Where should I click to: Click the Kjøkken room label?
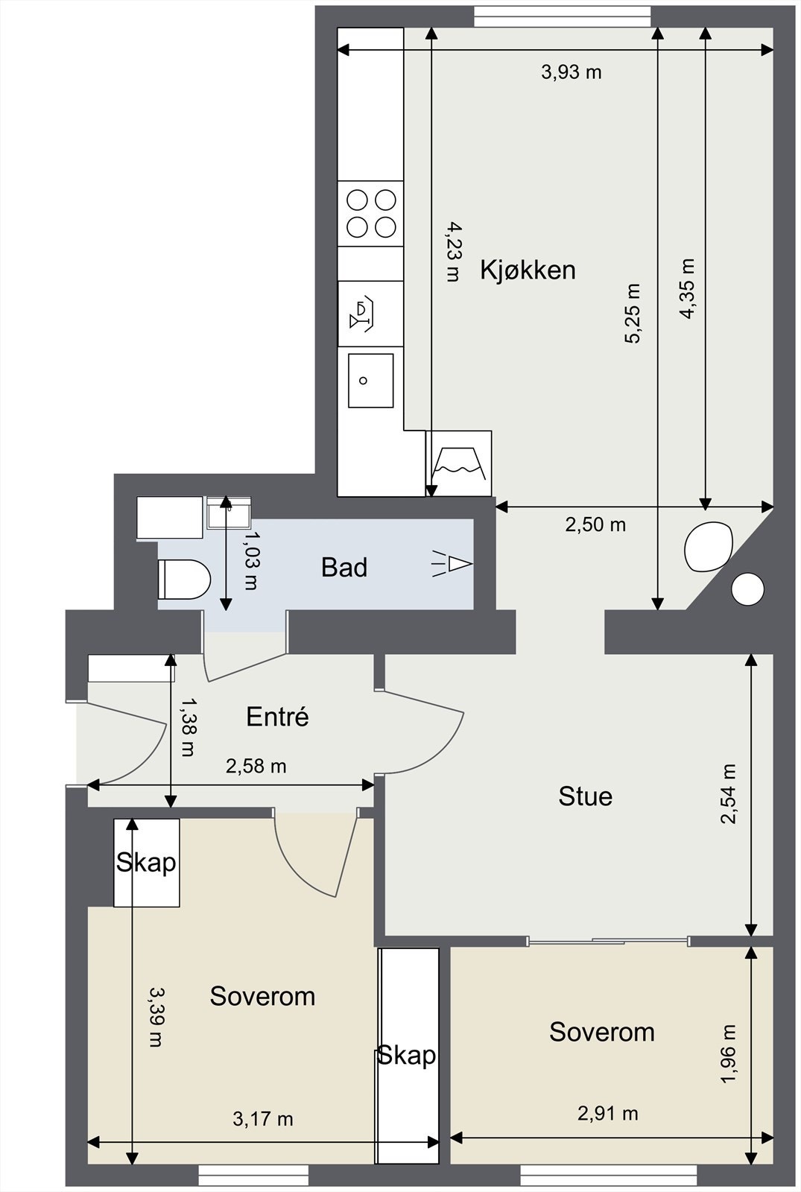point(528,270)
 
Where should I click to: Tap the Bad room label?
point(343,568)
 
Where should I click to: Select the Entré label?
point(277,717)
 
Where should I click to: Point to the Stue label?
point(585,796)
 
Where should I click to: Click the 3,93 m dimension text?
point(571,72)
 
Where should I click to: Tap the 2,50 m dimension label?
point(595,525)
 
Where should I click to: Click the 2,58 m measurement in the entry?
point(256,767)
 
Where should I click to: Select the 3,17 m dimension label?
point(263,1119)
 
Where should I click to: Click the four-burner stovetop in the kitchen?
point(371,213)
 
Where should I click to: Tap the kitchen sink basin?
point(371,381)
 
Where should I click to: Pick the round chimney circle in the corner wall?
point(748,589)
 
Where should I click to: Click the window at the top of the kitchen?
point(563,16)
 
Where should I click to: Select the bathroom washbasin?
point(228,512)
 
